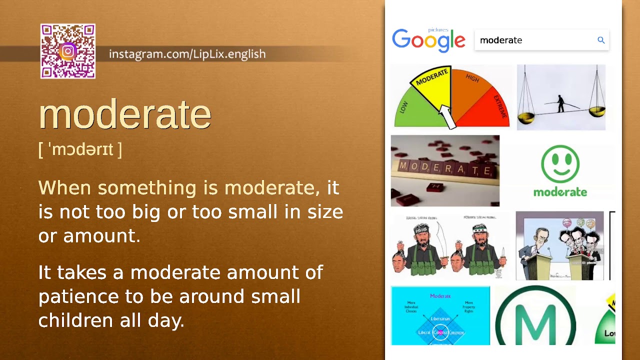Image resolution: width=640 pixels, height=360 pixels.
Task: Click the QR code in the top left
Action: (x=68, y=51)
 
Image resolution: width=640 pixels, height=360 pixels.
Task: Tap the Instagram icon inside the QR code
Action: (x=68, y=51)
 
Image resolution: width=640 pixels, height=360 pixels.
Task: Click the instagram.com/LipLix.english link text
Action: (x=187, y=54)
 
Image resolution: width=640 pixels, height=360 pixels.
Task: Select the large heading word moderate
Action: (x=125, y=114)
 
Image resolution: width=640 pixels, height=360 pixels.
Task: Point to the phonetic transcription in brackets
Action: (x=80, y=149)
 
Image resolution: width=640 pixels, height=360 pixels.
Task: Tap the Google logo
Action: (x=428, y=40)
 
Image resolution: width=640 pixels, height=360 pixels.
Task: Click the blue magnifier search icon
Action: (x=601, y=40)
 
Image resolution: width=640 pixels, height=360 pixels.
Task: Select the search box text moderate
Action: (x=501, y=40)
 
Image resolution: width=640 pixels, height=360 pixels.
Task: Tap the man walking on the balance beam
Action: (x=560, y=103)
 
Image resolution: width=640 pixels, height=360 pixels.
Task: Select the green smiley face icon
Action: (x=560, y=163)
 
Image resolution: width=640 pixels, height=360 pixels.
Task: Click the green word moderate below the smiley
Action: (x=560, y=192)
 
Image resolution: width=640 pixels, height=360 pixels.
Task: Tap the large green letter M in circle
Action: (x=535, y=320)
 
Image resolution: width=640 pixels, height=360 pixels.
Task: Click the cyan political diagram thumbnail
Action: (x=440, y=315)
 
